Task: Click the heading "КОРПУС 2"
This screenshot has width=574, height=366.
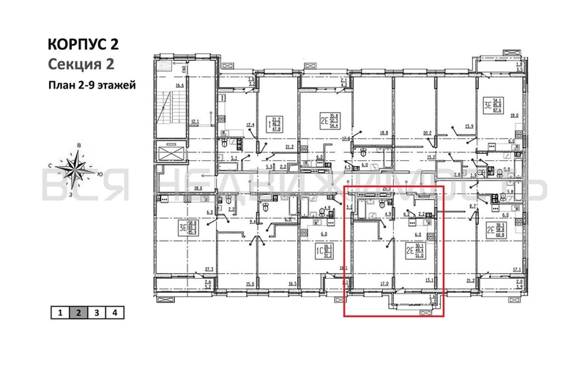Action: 83,45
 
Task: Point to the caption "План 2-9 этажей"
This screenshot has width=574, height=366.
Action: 92,84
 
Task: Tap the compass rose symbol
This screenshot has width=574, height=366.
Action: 74,168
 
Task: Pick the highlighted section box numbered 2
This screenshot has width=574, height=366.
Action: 78,313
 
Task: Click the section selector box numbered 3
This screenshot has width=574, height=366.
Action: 96,313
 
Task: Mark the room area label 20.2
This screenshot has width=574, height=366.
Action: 428,133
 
